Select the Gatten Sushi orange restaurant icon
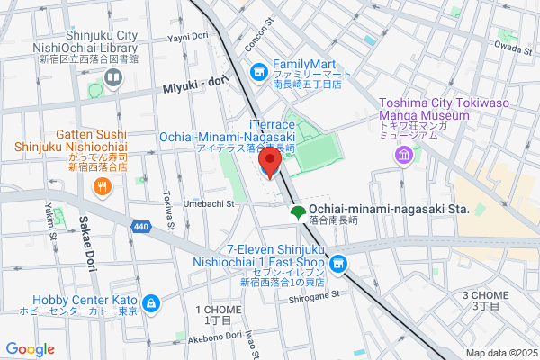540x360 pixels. pyautogui.click(x=103, y=187)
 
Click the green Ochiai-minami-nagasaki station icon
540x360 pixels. pyautogui.click(x=296, y=212)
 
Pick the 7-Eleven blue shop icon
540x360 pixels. pyautogui.click(x=337, y=264)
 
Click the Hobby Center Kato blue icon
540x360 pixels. pyautogui.click(x=151, y=303)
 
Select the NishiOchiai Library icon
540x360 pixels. pyautogui.click(x=113, y=78)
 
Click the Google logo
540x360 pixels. pyautogui.click(x=31, y=348)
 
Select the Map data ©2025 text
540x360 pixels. pyautogui.click(x=500, y=353)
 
